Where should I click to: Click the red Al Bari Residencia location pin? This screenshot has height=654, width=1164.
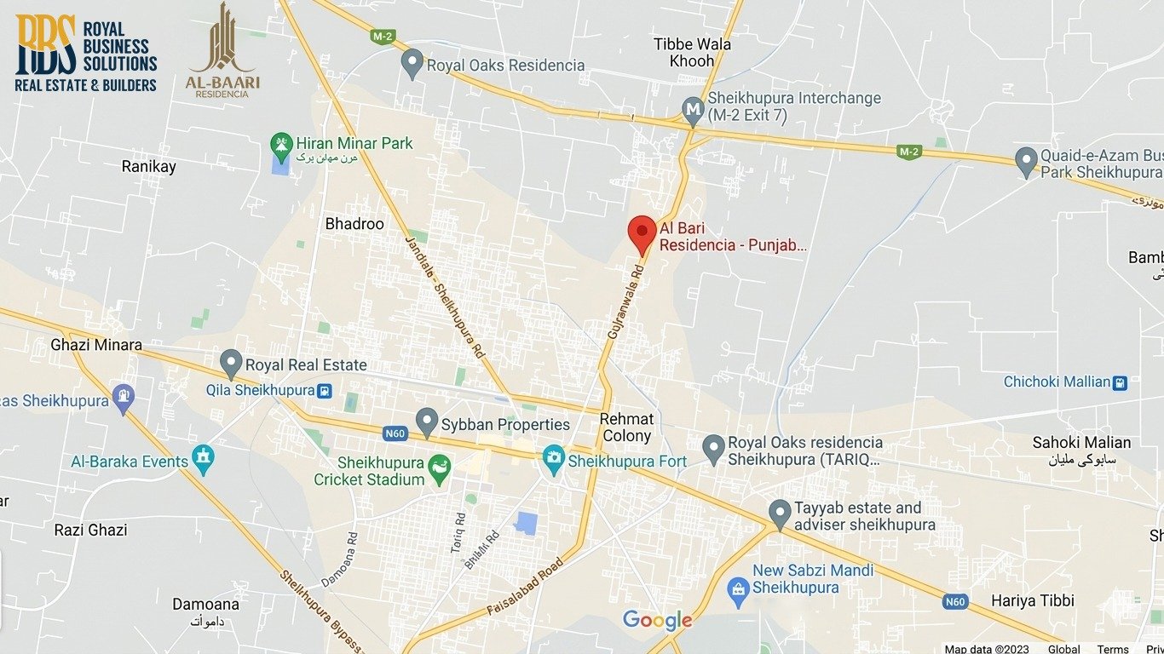tap(642, 232)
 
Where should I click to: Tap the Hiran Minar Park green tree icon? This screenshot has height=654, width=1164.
tap(280, 144)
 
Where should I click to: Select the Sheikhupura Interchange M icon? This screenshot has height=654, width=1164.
tap(693, 109)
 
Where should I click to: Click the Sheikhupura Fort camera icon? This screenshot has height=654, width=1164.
tap(554, 461)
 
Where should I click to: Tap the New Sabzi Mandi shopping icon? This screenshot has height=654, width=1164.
tap(738, 587)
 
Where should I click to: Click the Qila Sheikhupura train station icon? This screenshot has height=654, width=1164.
tap(324, 391)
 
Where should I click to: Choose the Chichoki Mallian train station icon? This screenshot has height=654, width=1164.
tap(1120, 382)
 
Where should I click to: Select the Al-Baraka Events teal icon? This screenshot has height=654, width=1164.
tap(203, 461)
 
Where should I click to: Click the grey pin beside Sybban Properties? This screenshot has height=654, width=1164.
tap(426, 421)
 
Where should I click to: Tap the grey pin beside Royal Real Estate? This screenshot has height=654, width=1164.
tap(231, 362)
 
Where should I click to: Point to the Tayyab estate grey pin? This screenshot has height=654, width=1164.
tap(779, 513)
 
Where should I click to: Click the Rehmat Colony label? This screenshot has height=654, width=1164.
tap(626, 427)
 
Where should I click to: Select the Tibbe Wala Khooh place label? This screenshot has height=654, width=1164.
tap(692, 52)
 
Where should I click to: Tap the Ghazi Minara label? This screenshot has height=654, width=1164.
tap(96, 345)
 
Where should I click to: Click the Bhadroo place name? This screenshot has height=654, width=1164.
tap(354, 224)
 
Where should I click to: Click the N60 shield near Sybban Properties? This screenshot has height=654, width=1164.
tap(395, 433)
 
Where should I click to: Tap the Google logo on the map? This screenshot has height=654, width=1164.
tap(657, 620)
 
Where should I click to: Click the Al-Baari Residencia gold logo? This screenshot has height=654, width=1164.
tap(222, 52)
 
